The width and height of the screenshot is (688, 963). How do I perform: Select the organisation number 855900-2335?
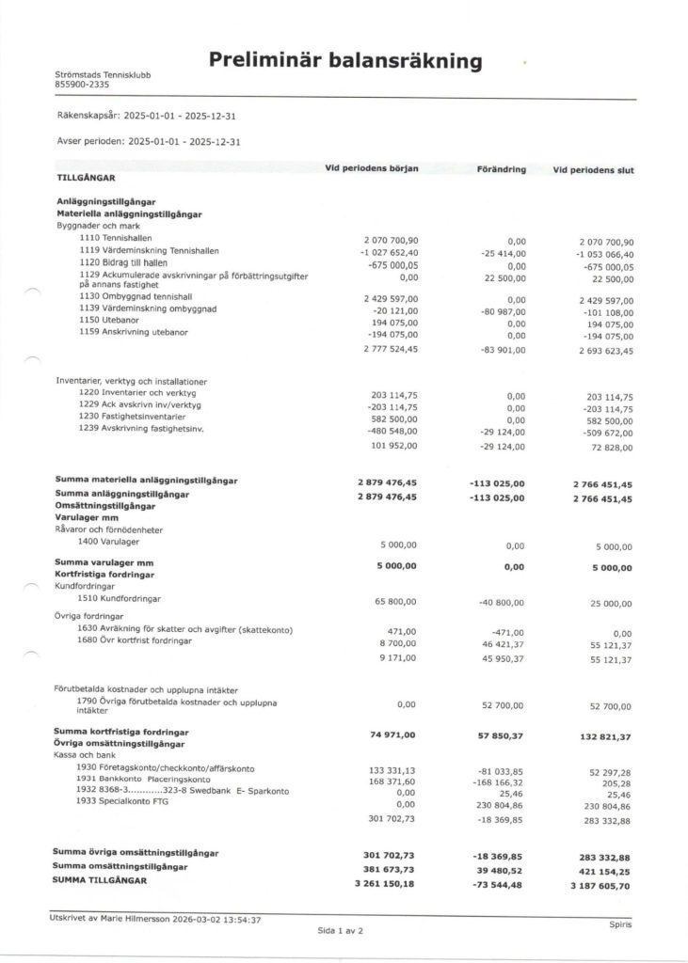pyautogui.click(x=84, y=86)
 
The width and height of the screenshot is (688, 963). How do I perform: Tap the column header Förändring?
pyautogui.click(x=495, y=169)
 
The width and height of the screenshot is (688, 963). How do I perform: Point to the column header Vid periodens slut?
pyautogui.click(x=593, y=169)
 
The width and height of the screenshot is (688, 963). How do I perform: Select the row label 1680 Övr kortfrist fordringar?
pyautogui.click(x=136, y=640)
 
